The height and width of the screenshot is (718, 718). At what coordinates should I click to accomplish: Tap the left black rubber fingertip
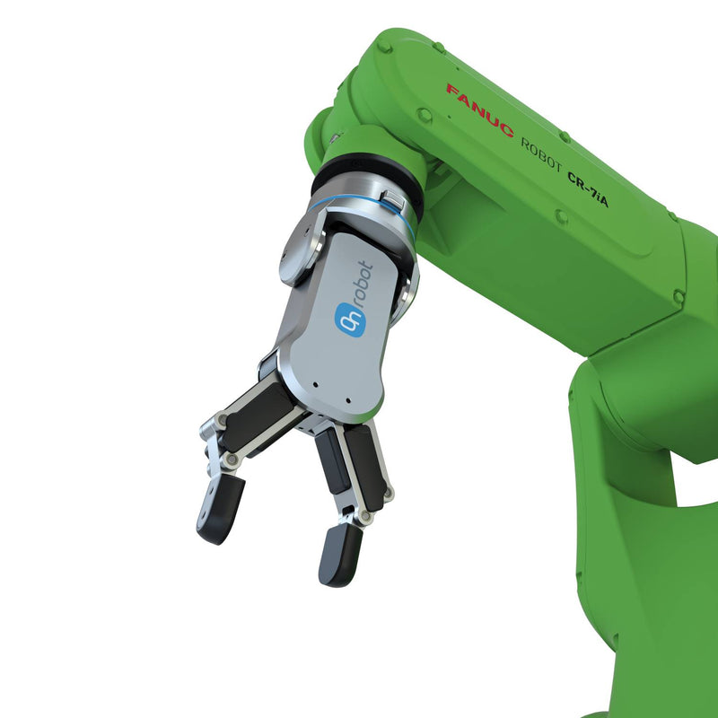pos(220,509)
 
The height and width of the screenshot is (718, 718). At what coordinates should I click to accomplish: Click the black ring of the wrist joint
pos(368,171)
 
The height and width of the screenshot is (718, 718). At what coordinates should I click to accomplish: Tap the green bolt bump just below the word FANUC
pos(424,115)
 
